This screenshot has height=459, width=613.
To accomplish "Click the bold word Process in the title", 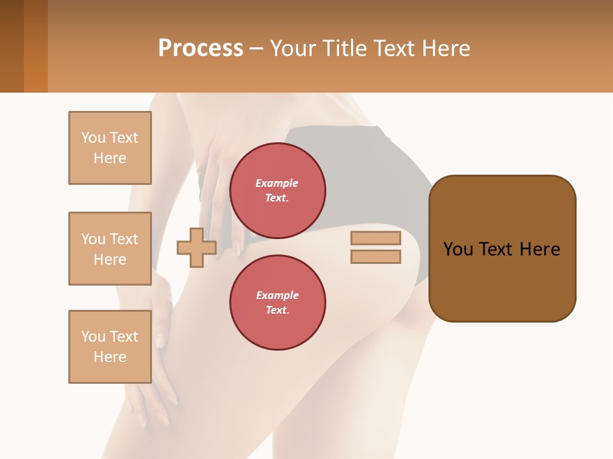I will (x=201, y=48).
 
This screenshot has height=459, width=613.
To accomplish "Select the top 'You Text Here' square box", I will (x=110, y=148).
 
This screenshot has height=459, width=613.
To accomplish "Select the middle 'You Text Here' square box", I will (x=110, y=249).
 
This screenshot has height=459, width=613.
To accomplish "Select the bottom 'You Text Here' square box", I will (x=110, y=347).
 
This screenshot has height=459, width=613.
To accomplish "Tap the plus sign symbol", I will (x=197, y=247).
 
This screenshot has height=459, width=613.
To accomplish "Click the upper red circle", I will (x=278, y=191).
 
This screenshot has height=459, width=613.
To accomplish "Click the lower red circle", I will (x=278, y=303).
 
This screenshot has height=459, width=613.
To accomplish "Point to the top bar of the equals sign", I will (x=375, y=238).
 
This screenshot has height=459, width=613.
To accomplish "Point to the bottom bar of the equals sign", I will (x=375, y=257).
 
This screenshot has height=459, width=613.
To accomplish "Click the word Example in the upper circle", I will (x=277, y=183).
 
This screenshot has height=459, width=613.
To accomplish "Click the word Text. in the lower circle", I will (x=277, y=310).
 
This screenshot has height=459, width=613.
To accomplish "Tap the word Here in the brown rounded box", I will (x=540, y=249).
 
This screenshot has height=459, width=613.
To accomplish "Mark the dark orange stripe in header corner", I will (x=35, y=46).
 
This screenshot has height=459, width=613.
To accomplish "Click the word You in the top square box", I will (x=93, y=138).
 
